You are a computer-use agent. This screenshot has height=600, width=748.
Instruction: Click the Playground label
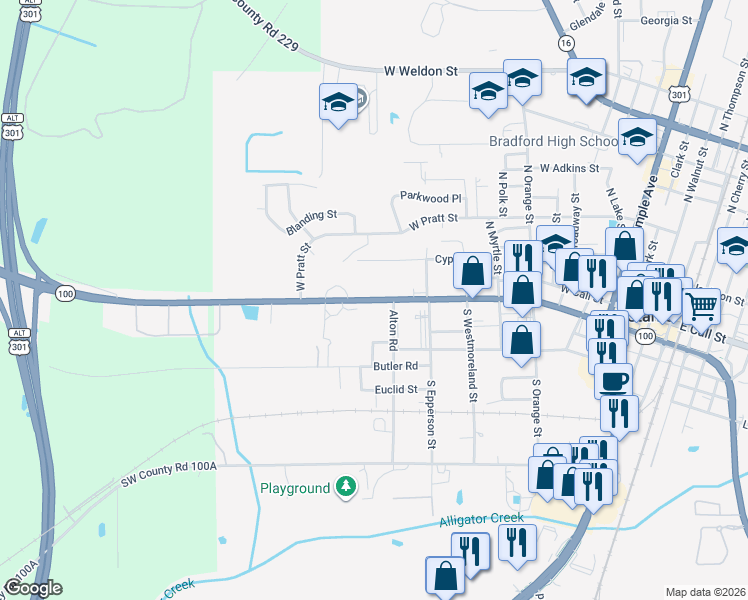pyautogui.click(x=295, y=488)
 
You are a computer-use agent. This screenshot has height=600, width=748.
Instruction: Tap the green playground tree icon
pyautogui.click(x=346, y=487)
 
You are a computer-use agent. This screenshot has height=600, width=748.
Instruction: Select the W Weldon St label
pyautogui.click(x=420, y=72)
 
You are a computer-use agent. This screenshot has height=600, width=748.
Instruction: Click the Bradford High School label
pyautogui.click(x=553, y=141)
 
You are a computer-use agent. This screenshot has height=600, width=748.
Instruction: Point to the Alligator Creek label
pyautogui.click(x=481, y=519)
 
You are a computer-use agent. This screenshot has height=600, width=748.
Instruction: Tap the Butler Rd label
pyautogui.click(x=393, y=367)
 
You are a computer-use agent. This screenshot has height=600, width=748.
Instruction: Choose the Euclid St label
pyautogui.click(x=395, y=389)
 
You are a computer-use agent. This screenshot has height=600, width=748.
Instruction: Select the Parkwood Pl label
pyautogui.click(x=429, y=197)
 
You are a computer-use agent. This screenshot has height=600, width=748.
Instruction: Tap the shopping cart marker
pyautogui.click(x=702, y=303)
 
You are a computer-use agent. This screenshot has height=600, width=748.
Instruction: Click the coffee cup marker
pyautogui.click(x=613, y=380)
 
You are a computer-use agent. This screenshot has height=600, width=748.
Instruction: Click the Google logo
pyautogui.click(x=33, y=588)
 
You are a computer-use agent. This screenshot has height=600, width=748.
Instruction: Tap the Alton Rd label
pyautogui.click(x=393, y=330)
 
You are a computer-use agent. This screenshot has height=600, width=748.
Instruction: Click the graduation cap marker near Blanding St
pyautogui.click(x=338, y=101)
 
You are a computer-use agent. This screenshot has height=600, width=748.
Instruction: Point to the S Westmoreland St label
pyautogui.click(x=469, y=355)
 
